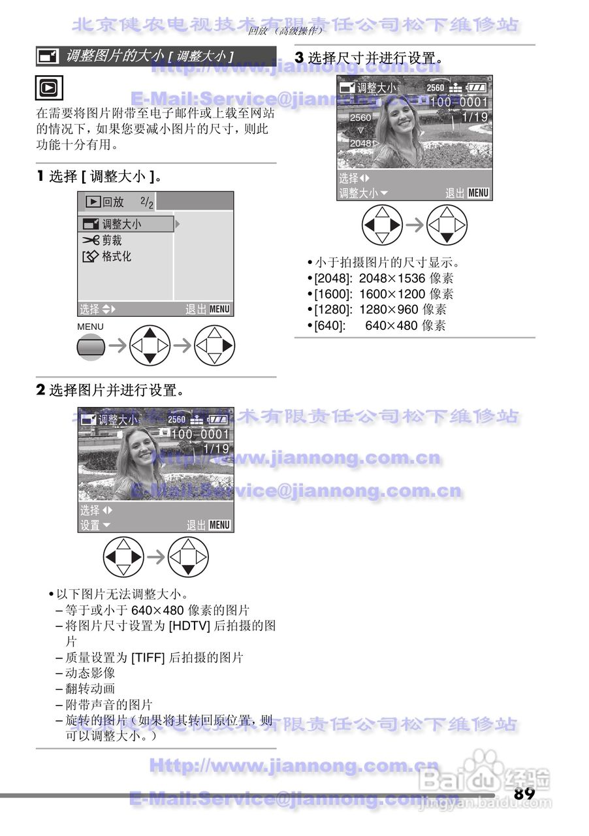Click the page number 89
click(x=524, y=794)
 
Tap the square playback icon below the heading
click(x=47, y=88)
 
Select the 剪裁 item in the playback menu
click(x=112, y=240)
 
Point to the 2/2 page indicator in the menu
click(x=147, y=203)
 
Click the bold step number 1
click(x=40, y=176)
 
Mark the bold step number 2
click(x=40, y=391)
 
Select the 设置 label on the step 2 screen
click(x=90, y=525)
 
